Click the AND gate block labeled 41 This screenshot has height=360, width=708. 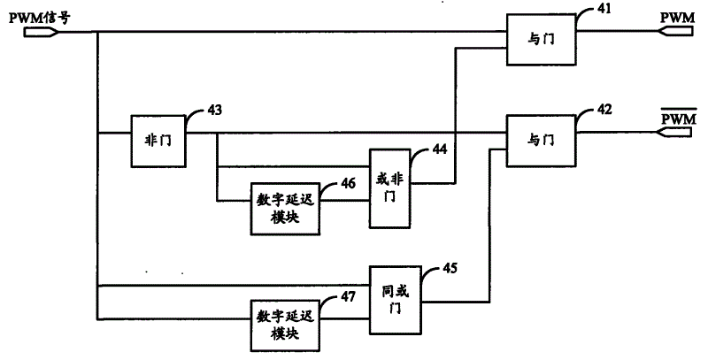click(x=541, y=40)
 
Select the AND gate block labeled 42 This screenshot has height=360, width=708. click(x=541, y=141)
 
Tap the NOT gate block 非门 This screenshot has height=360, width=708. click(x=158, y=142)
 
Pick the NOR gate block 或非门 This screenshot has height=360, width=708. click(x=390, y=188)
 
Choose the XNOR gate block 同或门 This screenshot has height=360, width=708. click(x=396, y=300)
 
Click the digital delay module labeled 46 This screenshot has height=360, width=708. click(x=285, y=209)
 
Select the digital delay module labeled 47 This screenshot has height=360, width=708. click(x=285, y=326)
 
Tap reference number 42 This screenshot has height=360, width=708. click(x=604, y=110)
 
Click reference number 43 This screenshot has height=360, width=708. click(x=214, y=110)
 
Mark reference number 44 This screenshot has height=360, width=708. click(x=439, y=149)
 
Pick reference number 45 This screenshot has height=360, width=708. click(x=450, y=268)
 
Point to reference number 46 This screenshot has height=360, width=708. click(x=348, y=183)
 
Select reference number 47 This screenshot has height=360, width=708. click(x=348, y=297)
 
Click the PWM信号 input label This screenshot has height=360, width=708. click(x=39, y=19)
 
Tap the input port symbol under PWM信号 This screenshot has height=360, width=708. click(x=41, y=32)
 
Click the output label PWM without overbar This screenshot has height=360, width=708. click(x=678, y=18)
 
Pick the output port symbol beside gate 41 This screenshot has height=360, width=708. click(x=675, y=31)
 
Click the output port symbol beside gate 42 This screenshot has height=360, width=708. click(x=675, y=132)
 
